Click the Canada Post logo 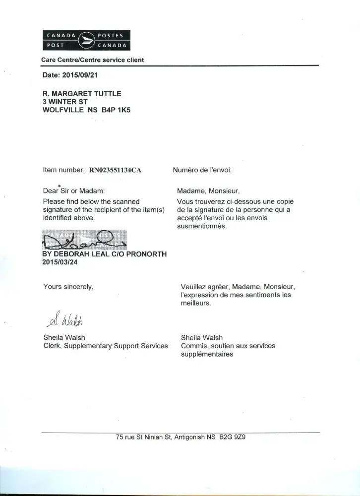[x=87, y=40]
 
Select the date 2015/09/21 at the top [x=83, y=75]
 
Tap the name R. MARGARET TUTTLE [x=82, y=93]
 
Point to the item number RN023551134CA [x=115, y=170]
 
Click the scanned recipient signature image [x=84, y=240]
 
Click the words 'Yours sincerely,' [x=68, y=286]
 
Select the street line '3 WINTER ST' [x=65, y=102]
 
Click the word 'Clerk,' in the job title [x=53, y=346]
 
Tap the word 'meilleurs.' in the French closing [x=196, y=303]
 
